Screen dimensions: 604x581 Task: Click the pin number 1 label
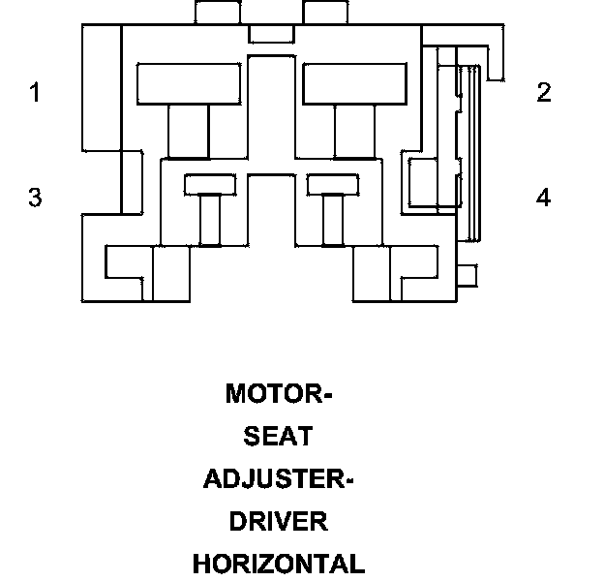[x=36, y=92]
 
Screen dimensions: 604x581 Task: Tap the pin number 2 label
[x=544, y=92]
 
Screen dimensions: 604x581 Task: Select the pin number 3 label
[x=35, y=197]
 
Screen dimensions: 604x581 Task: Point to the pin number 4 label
[x=544, y=197]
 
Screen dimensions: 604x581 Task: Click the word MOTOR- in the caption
[x=279, y=393]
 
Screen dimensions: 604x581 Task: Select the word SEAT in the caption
[x=278, y=436]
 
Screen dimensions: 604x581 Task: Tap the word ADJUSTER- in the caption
[x=278, y=479]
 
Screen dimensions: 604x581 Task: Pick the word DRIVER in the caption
[x=278, y=521]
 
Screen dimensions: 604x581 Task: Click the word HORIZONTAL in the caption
[x=279, y=564]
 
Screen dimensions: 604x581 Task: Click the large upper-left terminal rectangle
[x=189, y=83]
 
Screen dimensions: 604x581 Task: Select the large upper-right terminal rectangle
[x=355, y=83]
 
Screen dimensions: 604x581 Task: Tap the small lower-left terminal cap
[x=210, y=185]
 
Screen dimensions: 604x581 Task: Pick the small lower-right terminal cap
[x=333, y=185]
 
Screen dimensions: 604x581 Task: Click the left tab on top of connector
[x=218, y=13]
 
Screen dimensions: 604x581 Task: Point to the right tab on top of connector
[x=325, y=13]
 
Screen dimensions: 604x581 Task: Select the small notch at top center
[x=272, y=34]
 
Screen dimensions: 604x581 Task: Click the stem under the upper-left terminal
[x=189, y=132]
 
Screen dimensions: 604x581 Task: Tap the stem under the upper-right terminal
[x=354, y=132]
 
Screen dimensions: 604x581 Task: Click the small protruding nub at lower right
[x=468, y=275]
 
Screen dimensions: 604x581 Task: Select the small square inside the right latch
[x=423, y=182]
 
